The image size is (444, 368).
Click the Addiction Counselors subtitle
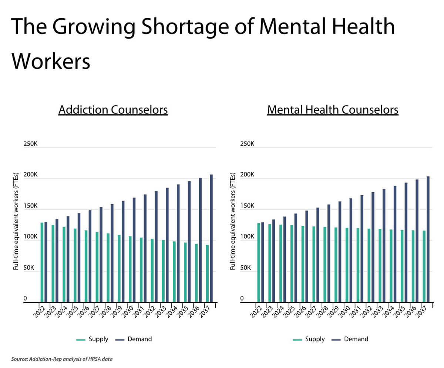coord(113,110)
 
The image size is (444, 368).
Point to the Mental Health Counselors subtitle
coord(332,110)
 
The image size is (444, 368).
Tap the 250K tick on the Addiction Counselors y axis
coord(30,144)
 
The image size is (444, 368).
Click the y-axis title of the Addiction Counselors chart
coord(16,221)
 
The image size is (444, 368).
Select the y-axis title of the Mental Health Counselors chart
coord(233,221)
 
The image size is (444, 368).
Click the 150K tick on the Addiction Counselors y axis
coord(30,206)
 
